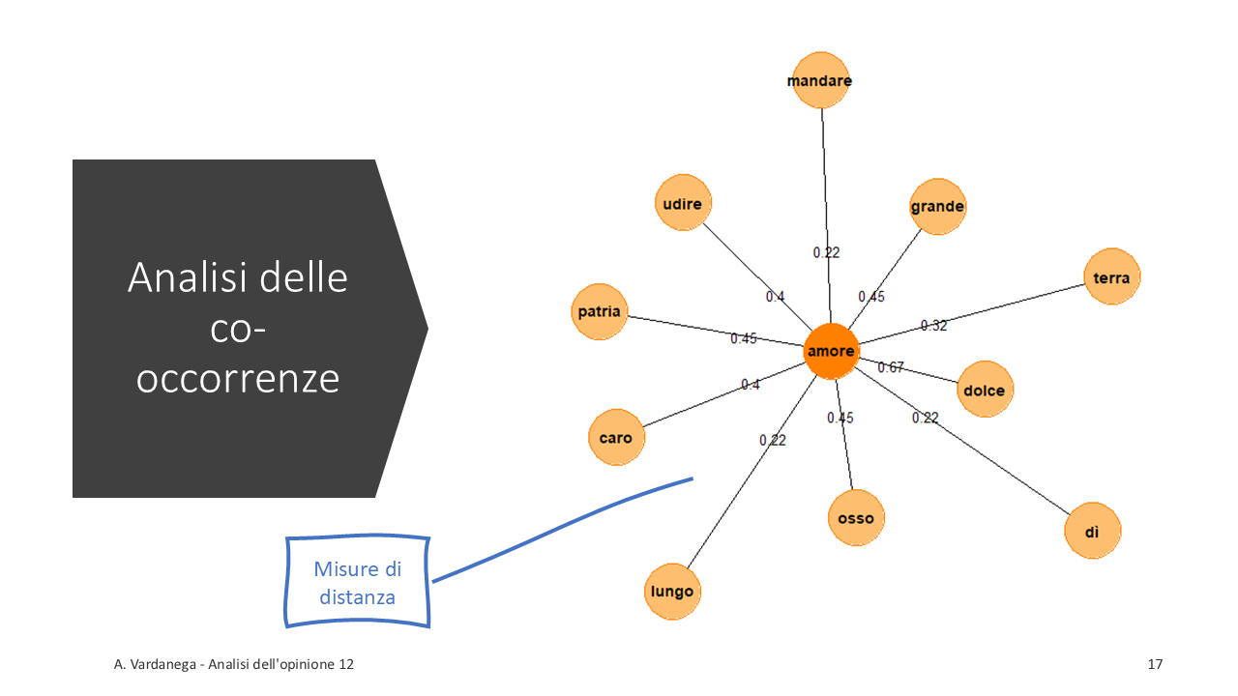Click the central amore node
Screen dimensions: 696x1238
coord(831,351)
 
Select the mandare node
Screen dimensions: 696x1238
coord(819,80)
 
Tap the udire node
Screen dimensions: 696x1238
coord(684,203)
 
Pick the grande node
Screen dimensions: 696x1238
coord(937,206)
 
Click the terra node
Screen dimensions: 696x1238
coord(1111,277)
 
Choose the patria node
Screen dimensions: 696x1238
coord(600,312)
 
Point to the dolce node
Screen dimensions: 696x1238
coord(985,391)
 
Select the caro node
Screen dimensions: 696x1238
coord(616,438)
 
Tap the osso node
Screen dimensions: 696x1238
coord(856,518)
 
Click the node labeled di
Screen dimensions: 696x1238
coord(1092,531)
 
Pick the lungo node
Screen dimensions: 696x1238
coord(672,592)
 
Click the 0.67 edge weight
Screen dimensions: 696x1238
coord(891,367)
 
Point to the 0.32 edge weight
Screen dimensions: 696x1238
coord(933,326)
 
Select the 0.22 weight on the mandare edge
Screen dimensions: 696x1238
coord(826,252)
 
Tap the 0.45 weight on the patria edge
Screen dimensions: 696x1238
coord(744,338)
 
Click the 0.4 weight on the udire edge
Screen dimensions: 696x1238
coord(775,297)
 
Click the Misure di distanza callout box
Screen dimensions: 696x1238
coord(358,582)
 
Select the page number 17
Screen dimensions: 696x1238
coord(1155,664)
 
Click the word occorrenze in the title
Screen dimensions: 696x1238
coord(238,379)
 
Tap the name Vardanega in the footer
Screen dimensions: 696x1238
coord(158,664)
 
